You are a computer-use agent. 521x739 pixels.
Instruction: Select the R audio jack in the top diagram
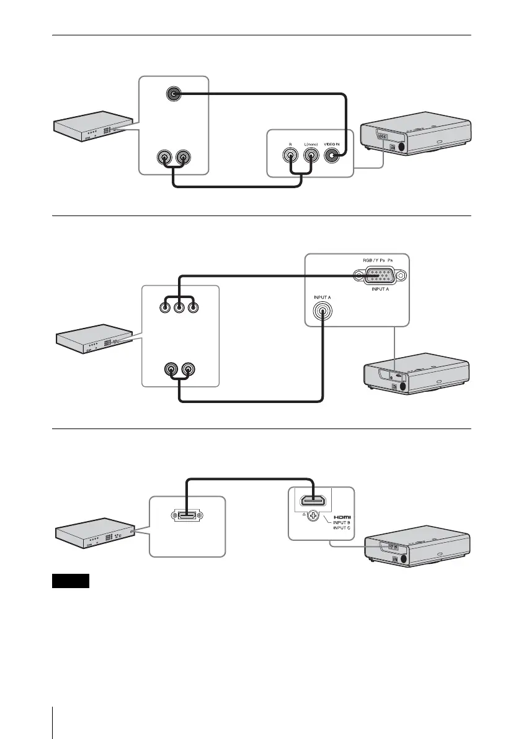tap(290, 158)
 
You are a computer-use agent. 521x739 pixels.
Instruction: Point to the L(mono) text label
tap(310, 143)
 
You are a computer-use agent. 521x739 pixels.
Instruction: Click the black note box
tap(71, 581)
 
